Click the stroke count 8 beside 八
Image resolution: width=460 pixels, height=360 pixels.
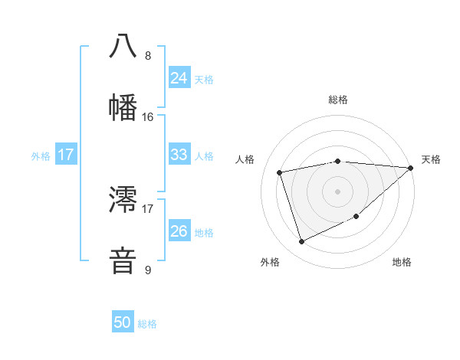pos(148,55)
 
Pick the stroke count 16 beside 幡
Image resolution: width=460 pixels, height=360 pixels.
pos(148,116)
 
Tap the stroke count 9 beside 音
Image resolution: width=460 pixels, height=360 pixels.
pos(148,270)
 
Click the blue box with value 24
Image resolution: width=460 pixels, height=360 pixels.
pos(179,78)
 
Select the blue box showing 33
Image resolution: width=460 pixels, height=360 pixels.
pos(179,155)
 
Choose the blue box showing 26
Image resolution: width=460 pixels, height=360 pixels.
pos(179,231)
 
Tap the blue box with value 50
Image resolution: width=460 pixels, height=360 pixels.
pos(123,322)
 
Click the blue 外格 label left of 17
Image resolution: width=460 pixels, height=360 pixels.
pos(41,155)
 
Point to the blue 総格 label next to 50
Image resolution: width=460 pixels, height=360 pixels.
pos(147,324)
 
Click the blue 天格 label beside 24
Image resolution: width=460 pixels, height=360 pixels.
pos(204,79)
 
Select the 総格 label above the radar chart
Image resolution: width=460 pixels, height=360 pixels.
pos(338,100)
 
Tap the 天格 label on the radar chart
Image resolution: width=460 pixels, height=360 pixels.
pos(431,159)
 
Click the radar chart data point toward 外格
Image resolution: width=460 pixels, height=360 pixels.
pos(301,242)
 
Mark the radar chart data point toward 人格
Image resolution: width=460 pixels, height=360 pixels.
pos(280,172)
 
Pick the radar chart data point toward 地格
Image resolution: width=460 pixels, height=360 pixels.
pos(356,218)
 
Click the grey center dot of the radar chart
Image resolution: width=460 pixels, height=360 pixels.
pos(338,191)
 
